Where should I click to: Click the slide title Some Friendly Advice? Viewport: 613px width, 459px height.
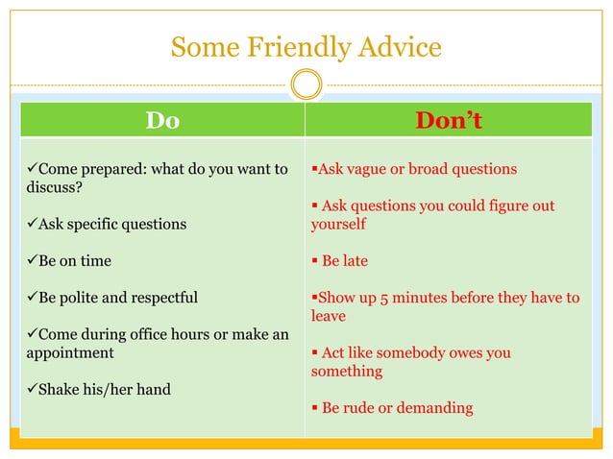pyautogui.click(x=306, y=46)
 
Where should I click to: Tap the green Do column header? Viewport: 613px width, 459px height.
pyautogui.click(x=162, y=120)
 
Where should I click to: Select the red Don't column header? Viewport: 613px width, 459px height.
pyautogui.click(x=448, y=120)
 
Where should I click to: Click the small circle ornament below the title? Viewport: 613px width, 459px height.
pyautogui.click(x=306, y=85)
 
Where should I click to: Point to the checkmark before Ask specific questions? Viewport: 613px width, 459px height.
pyautogui.click(x=32, y=224)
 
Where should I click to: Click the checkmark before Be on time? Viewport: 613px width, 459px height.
pyautogui.click(x=32, y=260)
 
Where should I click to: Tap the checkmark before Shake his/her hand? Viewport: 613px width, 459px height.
pyautogui.click(x=32, y=389)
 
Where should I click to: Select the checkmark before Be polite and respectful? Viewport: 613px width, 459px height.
pyautogui.click(x=32, y=297)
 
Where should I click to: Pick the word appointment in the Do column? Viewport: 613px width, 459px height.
pyautogui.click(x=70, y=352)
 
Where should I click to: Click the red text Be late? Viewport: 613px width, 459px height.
pyautogui.click(x=344, y=260)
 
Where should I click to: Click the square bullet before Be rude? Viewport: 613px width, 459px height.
pyautogui.click(x=314, y=408)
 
